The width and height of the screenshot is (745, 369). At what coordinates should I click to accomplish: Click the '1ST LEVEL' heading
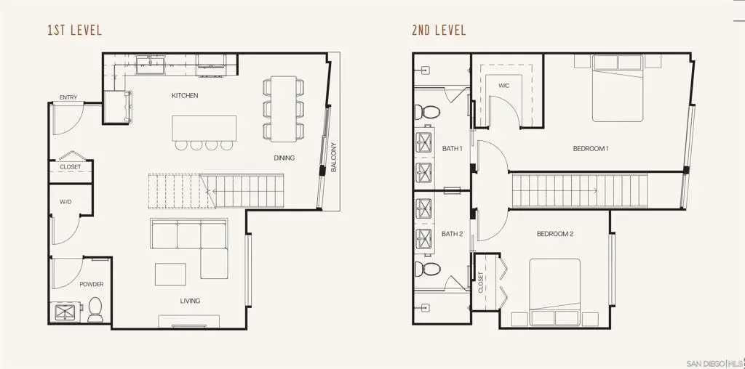[x=75, y=31]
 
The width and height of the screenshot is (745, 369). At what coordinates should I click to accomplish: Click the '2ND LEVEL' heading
[x=439, y=31]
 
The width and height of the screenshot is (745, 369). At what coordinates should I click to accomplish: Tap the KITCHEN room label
[x=185, y=96]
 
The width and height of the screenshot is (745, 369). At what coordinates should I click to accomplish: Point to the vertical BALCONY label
[x=333, y=157]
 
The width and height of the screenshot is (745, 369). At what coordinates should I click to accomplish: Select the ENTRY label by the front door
[x=68, y=98]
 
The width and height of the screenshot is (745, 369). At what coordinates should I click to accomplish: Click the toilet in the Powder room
[x=95, y=309]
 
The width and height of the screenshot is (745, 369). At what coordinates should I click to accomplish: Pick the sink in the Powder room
[x=64, y=312]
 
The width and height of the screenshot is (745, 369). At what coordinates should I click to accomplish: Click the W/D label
[x=65, y=202]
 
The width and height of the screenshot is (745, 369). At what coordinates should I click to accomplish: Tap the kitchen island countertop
[x=204, y=128]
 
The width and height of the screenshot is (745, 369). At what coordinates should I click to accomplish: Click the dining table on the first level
[x=284, y=109]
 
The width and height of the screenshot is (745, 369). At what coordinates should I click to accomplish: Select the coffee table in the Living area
[x=170, y=274]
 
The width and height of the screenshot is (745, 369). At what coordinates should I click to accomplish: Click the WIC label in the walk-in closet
[x=504, y=86]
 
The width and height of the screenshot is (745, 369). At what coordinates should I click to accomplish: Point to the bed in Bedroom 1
[x=617, y=88]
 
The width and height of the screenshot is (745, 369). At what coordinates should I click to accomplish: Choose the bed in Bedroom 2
[x=555, y=292]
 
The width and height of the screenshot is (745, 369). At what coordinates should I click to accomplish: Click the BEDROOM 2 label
[x=555, y=234]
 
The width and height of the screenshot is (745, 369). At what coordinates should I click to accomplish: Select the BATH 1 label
[x=452, y=148]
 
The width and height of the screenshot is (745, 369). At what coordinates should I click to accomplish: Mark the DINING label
[x=284, y=158]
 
